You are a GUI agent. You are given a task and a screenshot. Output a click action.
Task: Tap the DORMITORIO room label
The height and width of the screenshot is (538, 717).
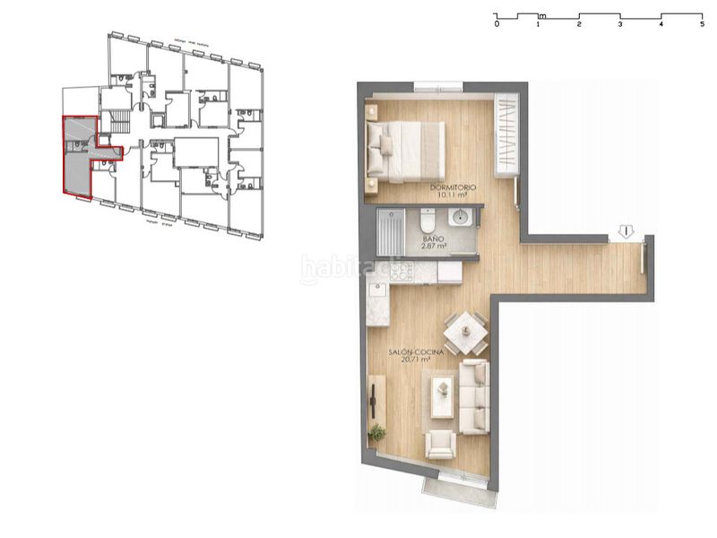(454, 187)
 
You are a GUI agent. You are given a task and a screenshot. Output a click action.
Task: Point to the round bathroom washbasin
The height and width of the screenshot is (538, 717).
(461, 218)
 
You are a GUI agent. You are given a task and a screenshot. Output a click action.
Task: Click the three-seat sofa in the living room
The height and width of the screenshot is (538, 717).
(475, 396)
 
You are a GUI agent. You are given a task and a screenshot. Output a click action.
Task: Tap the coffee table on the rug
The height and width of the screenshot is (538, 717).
(442, 395)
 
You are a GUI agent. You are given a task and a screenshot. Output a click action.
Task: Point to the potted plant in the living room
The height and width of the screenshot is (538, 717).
(377, 433)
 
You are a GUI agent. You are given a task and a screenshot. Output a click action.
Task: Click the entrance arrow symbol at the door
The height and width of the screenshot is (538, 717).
(626, 231)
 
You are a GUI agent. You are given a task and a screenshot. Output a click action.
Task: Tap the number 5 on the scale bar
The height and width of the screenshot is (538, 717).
(702, 24)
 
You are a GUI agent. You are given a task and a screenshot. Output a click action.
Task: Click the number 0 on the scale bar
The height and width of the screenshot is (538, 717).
(497, 24)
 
